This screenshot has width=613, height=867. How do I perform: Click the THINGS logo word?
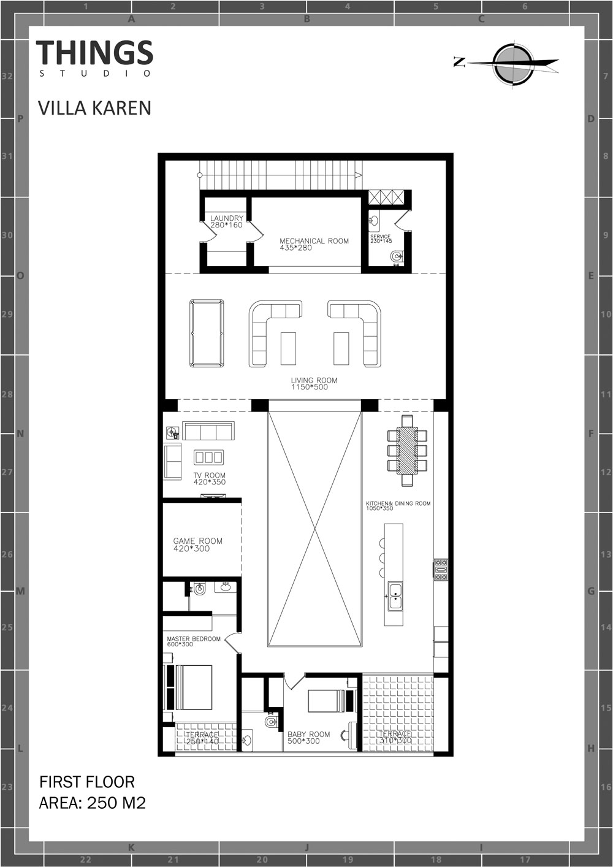[x=94, y=52]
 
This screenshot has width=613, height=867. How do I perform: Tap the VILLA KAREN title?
[x=94, y=108]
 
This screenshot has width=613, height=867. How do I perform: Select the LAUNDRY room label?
[x=227, y=218]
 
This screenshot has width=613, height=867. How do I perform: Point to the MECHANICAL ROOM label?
[x=314, y=241]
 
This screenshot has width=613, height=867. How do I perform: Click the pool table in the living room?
[x=207, y=333]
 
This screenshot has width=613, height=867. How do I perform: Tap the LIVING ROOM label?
[x=314, y=381]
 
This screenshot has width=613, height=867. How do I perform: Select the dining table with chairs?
[x=407, y=451]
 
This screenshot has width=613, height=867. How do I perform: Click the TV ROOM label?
[x=210, y=475]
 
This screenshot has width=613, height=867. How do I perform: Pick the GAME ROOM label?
[x=198, y=541]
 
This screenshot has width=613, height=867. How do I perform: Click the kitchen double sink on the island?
[x=395, y=597]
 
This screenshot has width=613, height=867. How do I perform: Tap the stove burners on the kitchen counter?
[x=441, y=570]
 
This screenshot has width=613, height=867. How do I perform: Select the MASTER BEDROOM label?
[x=194, y=639]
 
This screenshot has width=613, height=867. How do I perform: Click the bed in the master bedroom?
[x=194, y=687]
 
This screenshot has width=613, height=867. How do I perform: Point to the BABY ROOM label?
[x=309, y=734]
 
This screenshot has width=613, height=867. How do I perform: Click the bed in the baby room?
[x=326, y=701]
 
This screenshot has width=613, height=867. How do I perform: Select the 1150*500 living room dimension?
[x=310, y=387]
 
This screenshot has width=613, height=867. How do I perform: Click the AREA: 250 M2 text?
[x=93, y=803]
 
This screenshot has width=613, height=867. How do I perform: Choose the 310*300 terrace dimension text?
[x=395, y=741]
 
